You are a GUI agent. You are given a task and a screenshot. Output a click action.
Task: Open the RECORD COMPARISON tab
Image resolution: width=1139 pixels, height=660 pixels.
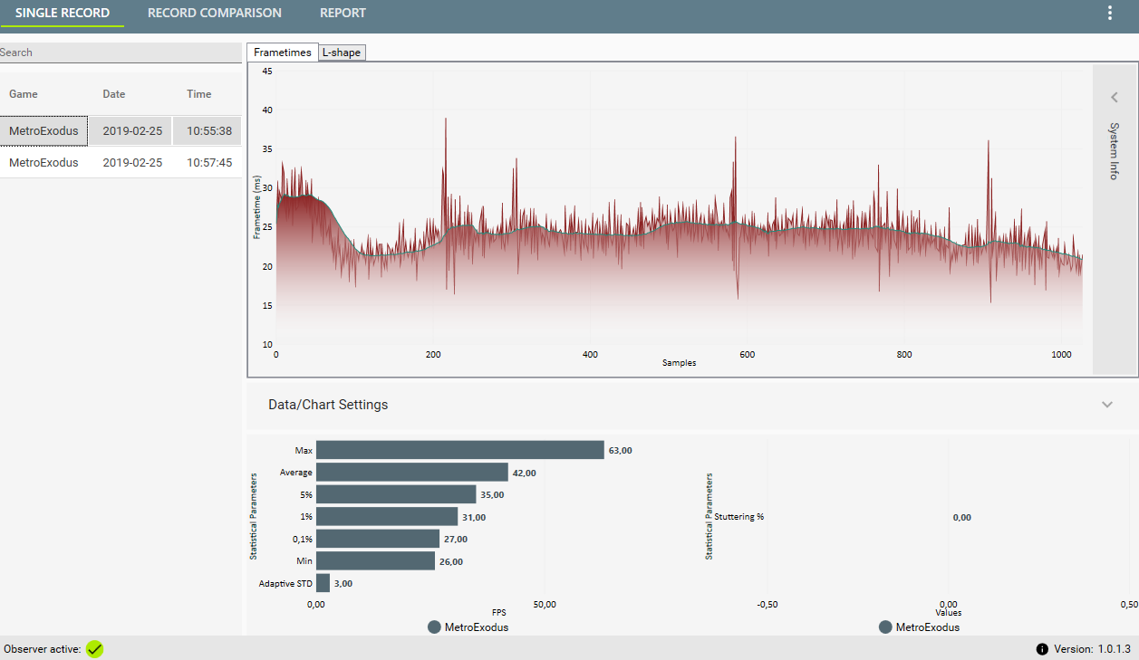click(214, 13)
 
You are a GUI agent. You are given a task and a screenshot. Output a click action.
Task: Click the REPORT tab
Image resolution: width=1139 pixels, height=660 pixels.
click(343, 13)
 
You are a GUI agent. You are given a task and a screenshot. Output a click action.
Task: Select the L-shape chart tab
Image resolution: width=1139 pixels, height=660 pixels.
click(342, 53)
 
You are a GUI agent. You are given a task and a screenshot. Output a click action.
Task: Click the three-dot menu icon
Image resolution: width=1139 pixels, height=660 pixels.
click(1109, 14)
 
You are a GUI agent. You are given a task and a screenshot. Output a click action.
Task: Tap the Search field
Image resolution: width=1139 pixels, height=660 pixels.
click(121, 53)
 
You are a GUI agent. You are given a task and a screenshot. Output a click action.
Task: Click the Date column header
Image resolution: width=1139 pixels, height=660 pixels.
click(114, 94)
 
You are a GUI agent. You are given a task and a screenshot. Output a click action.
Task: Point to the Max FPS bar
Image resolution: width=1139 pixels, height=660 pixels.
click(460, 450)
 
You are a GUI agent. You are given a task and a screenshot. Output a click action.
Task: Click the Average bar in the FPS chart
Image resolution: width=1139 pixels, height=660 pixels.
click(412, 472)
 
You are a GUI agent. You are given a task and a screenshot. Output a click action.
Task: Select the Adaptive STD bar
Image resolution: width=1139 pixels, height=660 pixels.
click(323, 583)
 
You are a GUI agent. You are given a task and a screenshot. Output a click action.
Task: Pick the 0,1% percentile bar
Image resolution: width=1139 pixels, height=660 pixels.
click(378, 539)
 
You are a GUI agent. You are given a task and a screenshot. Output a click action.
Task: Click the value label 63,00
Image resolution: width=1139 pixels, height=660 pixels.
click(621, 451)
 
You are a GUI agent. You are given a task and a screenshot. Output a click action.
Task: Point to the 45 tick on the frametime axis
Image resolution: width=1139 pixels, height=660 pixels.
click(267, 72)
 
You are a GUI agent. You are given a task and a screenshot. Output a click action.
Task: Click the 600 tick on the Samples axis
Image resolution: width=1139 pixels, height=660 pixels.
click(747, 355)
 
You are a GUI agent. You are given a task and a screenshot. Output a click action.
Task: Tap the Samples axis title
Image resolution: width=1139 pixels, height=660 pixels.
click(679, 363)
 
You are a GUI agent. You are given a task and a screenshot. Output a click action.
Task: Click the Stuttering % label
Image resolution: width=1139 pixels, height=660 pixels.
click(738, 517)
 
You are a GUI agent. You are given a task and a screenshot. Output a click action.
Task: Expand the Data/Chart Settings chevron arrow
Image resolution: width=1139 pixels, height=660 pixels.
click(1107, 405)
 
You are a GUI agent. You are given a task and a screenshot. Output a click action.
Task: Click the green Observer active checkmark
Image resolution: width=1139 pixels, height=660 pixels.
click(94, 649)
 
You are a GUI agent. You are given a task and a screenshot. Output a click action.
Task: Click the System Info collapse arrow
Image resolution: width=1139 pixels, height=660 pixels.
click(1115, 97)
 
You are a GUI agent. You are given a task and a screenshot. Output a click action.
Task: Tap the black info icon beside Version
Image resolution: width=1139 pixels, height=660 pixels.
click(1042, 649)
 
